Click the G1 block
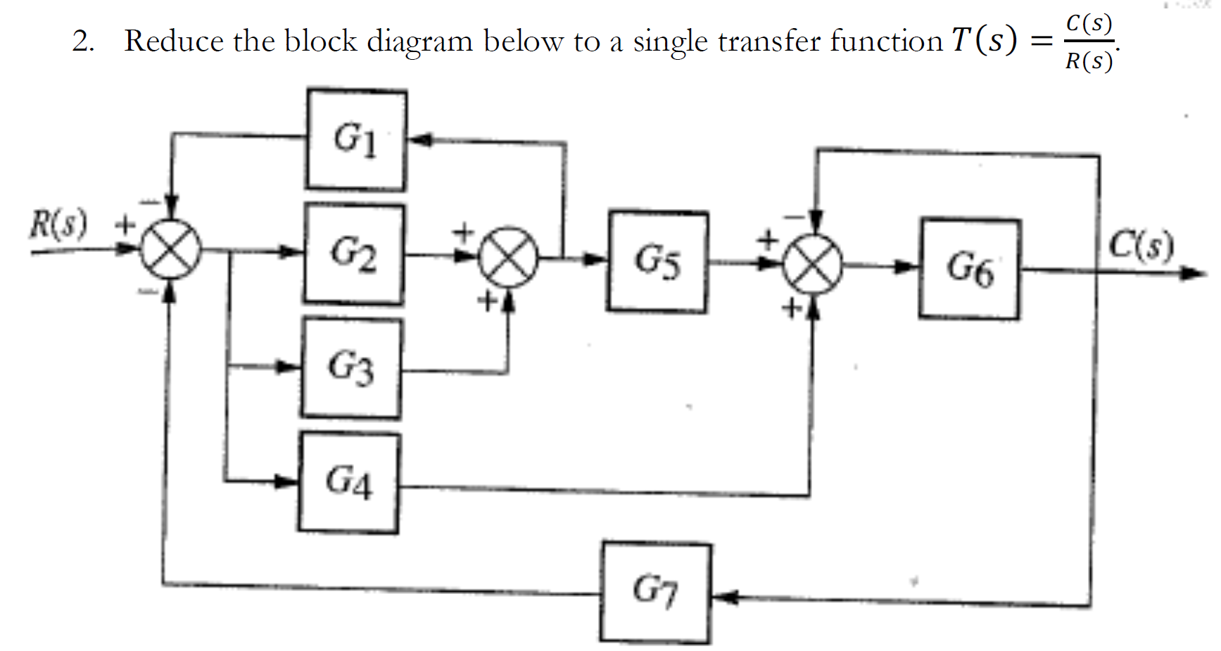(355, 139)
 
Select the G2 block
(354, 254)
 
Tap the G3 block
(351, 368)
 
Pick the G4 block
(348, 482)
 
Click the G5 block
(657, 261)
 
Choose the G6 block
(969, 269)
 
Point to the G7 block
(655, 592)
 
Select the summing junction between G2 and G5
(508, 258)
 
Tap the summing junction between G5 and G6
(814, 265)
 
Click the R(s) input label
(58, 225)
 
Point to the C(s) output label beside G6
(1141, 246)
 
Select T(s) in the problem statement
(984, 40)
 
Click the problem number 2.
(82, 42)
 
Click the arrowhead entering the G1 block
(419, 140)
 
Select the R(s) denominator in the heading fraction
(1089, 62)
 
